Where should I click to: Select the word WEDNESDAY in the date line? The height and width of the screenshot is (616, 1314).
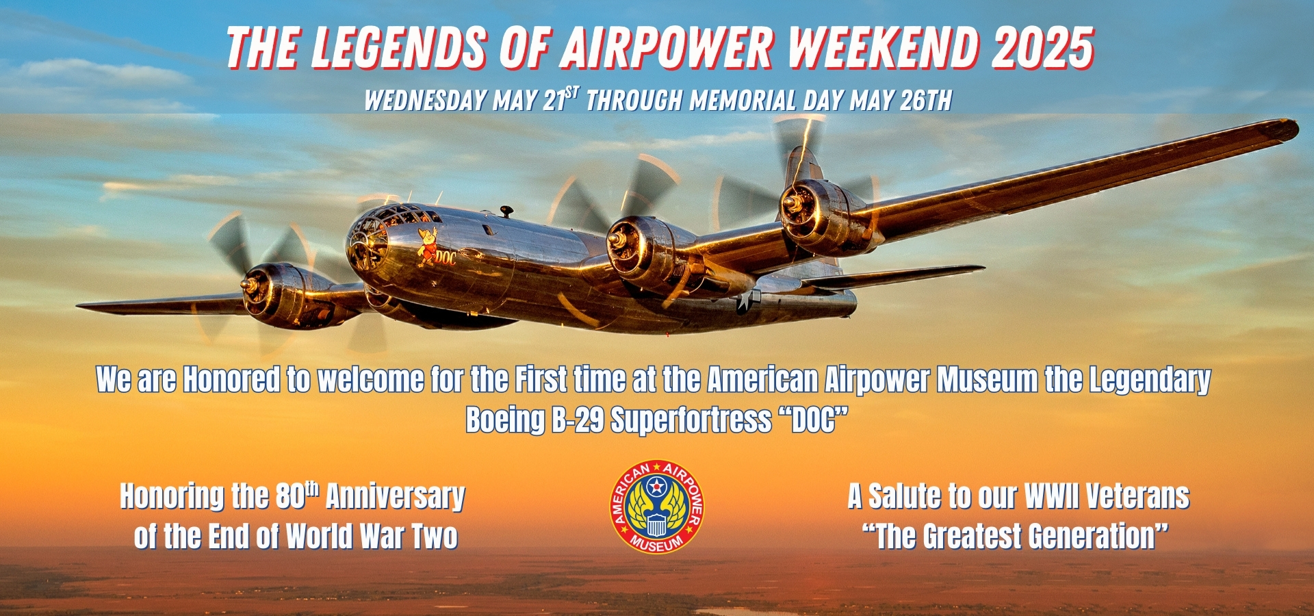[425, 101]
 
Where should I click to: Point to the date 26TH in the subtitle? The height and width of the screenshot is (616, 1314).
[926, 101]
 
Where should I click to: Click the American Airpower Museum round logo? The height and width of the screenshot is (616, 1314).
[657, 506]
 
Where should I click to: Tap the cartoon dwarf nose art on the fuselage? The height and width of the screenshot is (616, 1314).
[428, 247]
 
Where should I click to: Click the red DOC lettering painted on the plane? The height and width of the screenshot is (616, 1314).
[446, 258]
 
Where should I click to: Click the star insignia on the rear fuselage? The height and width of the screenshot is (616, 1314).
[748, 301]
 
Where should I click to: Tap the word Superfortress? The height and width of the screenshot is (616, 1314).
[691, 420]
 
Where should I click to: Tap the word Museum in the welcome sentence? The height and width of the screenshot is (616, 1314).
[987, 380]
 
